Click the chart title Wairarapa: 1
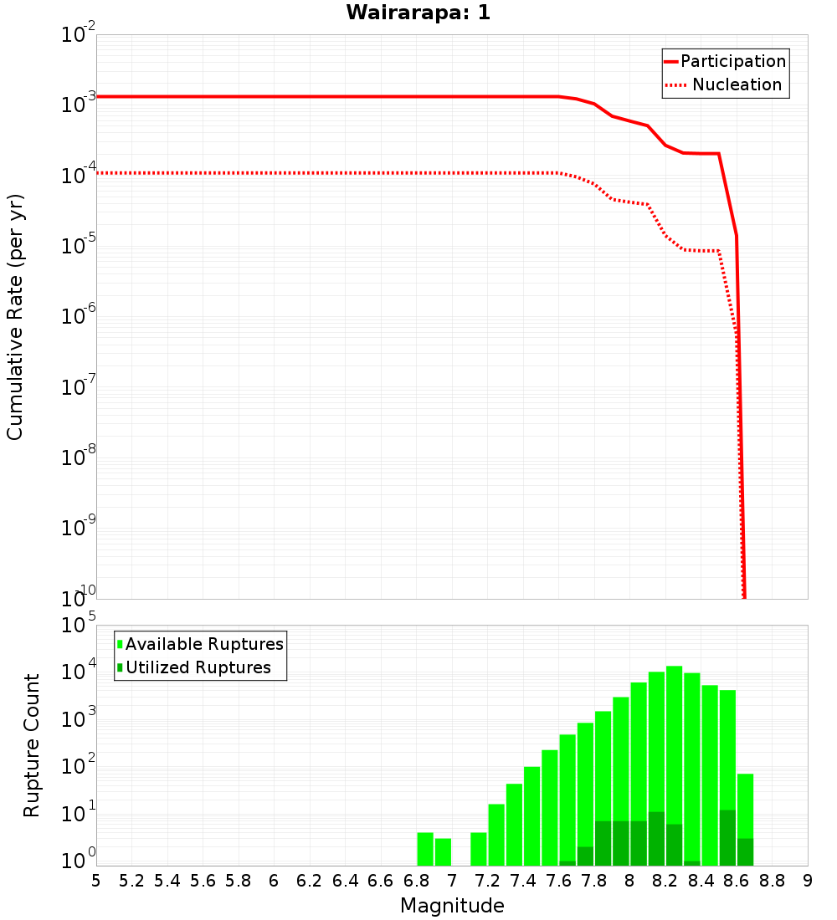(419, 13)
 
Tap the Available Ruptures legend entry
(204, 644)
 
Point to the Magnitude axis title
(452, 906)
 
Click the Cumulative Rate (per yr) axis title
(15, 317)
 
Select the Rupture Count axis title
(32, 745)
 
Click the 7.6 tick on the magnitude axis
(559, 881)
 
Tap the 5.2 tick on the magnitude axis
(131, 881)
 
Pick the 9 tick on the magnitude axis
(808, 881)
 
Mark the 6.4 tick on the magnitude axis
(345, 881)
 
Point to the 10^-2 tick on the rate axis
(80, 36)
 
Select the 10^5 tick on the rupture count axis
(80, 626)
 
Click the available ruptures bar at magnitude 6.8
(425, 849)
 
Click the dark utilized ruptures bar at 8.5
(727, 837)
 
